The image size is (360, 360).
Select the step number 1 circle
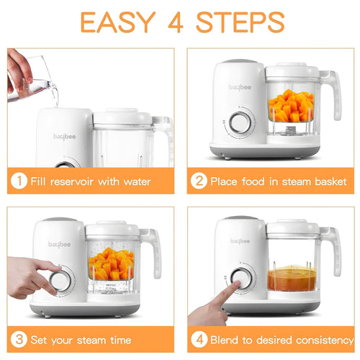18,181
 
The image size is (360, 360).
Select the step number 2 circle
198,181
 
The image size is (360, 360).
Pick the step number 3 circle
18,338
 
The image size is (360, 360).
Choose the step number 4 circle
198,338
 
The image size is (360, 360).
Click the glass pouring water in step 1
40,75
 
